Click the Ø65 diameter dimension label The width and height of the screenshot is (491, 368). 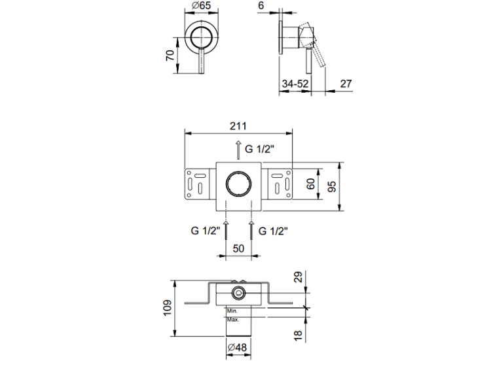pos(202,6)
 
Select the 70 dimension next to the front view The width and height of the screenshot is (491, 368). pos(170,56)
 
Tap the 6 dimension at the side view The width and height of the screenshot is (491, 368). pos(261,5)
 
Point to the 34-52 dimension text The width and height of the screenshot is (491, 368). pos(295,84)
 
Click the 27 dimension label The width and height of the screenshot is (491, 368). pos(346,84)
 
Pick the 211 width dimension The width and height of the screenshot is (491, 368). pos(238,126)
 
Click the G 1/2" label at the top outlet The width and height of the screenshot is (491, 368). pos(260,149)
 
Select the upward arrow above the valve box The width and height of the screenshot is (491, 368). pos(238,150)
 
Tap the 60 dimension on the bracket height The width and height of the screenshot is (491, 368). pos(310,184)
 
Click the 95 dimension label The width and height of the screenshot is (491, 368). pos(332,186)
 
